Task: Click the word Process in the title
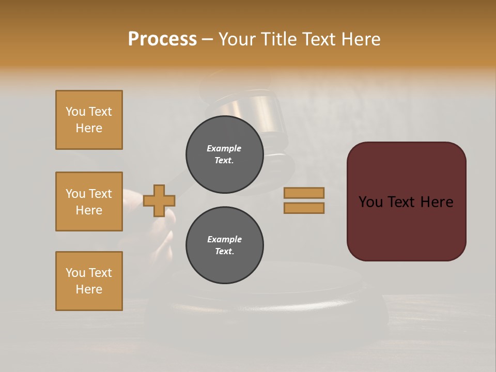point(162,39)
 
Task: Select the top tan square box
point(89,120)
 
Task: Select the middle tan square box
point(89,202)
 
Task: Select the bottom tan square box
point(89,281)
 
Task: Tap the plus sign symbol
point(159,200)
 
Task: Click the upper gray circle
point(224,154)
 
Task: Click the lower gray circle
point(224,245)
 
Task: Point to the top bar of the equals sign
point(304,193)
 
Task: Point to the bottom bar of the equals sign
point(304,208)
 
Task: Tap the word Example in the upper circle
point(224,148)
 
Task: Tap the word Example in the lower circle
point(224,239)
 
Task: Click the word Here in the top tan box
point(89,128)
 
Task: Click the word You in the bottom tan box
point(75,273)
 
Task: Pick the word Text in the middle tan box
point(100,194)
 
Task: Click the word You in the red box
point(370,202)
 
